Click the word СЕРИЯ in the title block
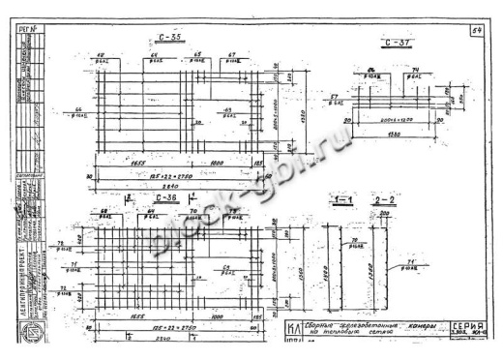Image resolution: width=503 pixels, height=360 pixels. pyautogui.click(x=469, y=326)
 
